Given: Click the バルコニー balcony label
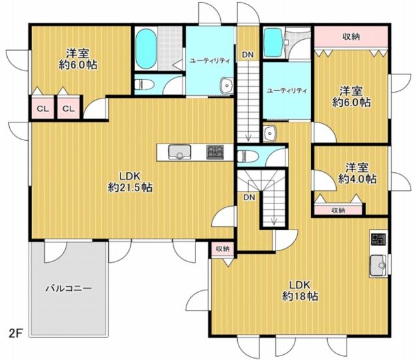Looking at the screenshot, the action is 68,288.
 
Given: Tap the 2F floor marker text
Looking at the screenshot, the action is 15,334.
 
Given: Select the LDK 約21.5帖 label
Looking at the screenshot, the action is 130,182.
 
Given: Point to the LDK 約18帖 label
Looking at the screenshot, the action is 300,290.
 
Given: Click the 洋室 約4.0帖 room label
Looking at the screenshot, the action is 357,173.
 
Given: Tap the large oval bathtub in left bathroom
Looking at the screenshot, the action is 145,48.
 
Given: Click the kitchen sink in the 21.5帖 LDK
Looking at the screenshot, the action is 180,152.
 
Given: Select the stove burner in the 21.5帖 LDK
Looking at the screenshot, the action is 215,152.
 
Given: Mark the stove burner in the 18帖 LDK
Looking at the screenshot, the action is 378,239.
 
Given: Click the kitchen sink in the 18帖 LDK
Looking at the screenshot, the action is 378,265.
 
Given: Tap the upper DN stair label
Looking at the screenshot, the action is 248,55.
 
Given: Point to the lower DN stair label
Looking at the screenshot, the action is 249,198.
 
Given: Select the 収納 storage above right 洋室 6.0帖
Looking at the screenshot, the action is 351,37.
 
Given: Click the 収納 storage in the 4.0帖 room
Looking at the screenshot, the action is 338,210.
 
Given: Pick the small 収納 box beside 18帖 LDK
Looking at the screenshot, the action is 223,249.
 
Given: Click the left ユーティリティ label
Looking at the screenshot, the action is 210,61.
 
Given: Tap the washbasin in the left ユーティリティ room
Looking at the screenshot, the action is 227,85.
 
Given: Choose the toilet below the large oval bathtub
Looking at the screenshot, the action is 144,85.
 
